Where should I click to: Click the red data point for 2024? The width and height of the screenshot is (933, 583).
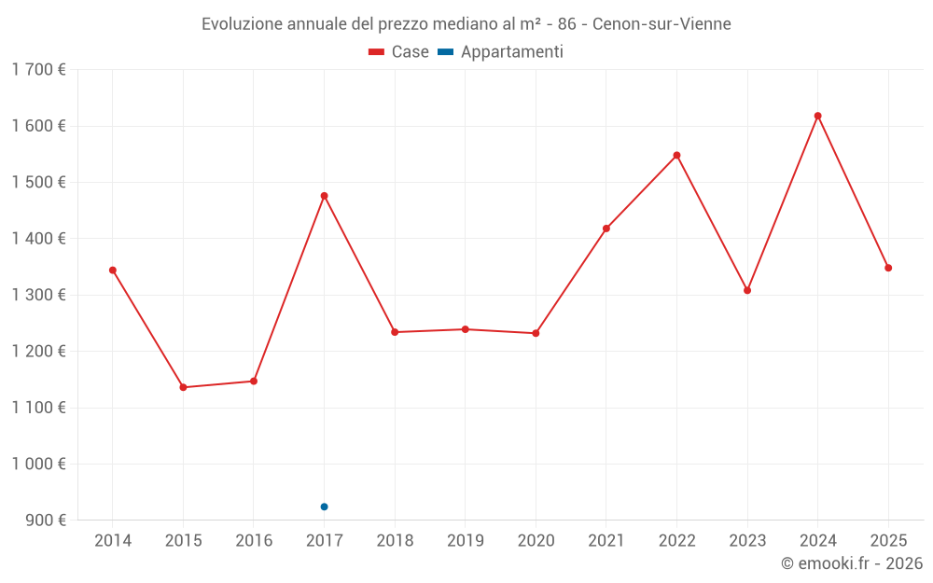point(818,116)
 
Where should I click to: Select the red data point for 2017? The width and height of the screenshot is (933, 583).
point(325,196)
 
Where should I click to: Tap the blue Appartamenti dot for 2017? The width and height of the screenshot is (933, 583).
point(325,507)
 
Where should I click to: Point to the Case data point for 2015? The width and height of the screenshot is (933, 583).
point(183,387)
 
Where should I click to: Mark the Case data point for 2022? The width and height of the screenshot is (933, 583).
point(677,155)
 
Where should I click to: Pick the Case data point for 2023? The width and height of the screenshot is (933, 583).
point(747,290)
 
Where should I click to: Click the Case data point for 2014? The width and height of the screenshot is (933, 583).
point(113,271)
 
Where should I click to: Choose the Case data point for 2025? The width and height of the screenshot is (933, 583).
point(888,268)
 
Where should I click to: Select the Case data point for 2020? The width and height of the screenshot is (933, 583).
point(536,333)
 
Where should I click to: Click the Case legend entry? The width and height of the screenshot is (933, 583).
point(398,52)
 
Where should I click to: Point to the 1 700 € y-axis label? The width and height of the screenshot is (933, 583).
point(38,70)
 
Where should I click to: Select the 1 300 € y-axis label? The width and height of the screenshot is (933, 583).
point(38,295)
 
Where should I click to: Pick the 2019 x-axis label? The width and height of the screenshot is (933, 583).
point(466,541)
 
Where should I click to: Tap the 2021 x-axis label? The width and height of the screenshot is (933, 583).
point(606,541)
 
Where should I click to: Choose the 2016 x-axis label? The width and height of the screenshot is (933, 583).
point(254,541)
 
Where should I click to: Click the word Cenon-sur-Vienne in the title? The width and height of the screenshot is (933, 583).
point(661,23)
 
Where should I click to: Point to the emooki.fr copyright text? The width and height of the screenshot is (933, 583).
point(852,563)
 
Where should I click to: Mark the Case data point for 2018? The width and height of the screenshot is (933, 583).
point(395,332)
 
